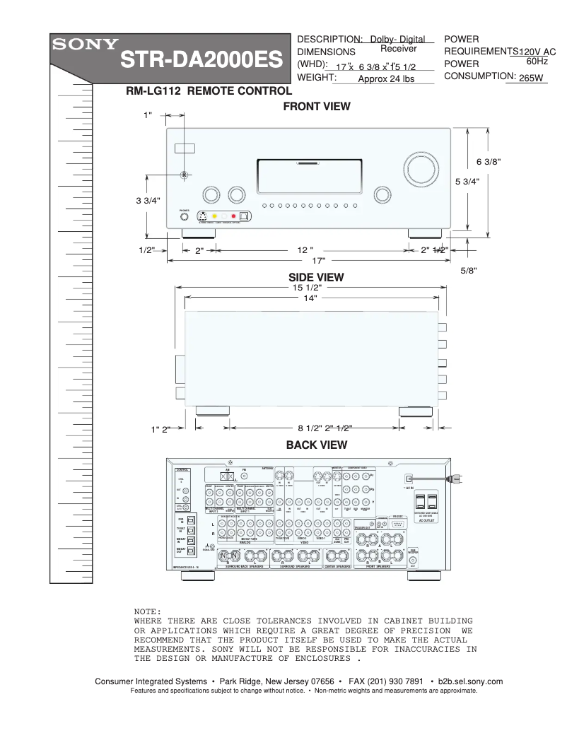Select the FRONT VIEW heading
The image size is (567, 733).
click(x=317, y=107)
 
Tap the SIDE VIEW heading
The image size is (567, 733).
click(x=316, y=277)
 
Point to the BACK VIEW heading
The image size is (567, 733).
click(x=316, y=445)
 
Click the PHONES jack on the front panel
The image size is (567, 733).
click(x=184, y=218)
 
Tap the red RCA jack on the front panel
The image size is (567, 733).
click(x=233, y=217)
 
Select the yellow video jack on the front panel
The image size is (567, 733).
click(x=214, y=217)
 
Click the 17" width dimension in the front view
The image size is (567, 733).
click(x=308, y=261)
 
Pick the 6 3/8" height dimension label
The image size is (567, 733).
click(x=488, y=161)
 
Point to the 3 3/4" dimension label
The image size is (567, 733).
click(x=148, y=201)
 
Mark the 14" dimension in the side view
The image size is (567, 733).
click(x=310, y=298)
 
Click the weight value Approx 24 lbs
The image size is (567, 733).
click(x=386, y=79)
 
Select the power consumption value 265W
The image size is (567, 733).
click(x=531, y=78)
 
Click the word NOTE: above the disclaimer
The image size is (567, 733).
click(x=148, y=611)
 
